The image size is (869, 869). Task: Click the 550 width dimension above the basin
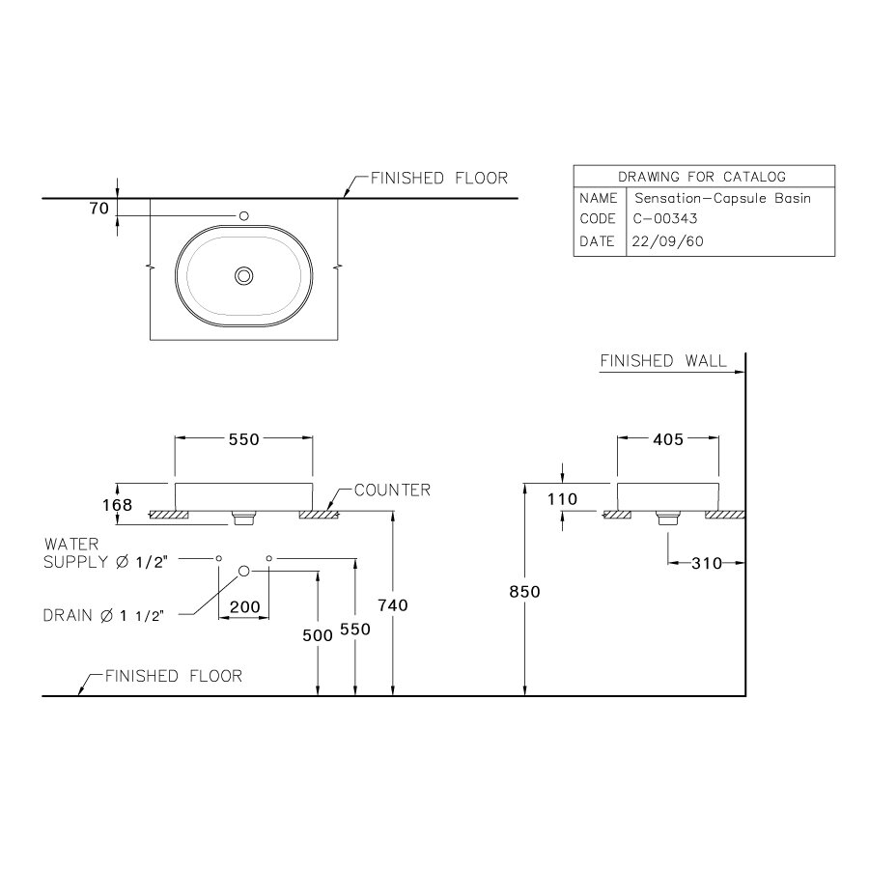tap(243, 439)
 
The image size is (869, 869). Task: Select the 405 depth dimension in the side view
tap(667, 439)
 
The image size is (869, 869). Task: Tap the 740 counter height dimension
tap(393, 604)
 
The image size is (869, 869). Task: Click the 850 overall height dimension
tap(524, 592)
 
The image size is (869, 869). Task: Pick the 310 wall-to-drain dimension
tap(707, 563)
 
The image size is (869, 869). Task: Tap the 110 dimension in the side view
tap(561, 499)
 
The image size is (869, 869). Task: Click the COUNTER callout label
tap(391, 491)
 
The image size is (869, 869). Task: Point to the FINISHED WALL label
tap(663, 361)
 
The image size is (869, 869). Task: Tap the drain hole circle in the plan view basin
tap(244, 276)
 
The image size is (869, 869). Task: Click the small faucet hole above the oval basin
tap(244, 215)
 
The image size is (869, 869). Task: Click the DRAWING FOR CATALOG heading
tap(702, 176)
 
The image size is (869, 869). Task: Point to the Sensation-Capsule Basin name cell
tap(720, 198)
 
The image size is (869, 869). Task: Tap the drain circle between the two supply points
tap(244, 572)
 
